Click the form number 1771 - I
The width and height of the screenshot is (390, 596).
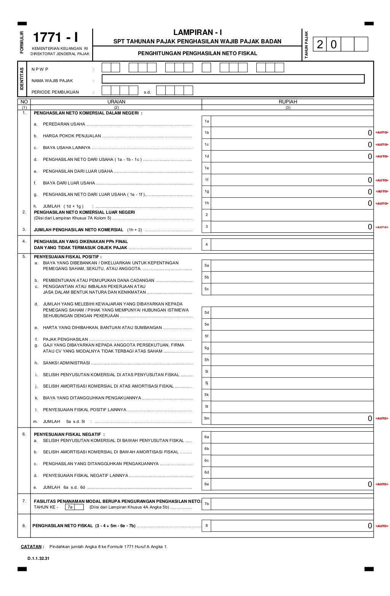[x=56, y=38]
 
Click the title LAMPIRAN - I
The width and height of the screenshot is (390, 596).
[x=197, y=33]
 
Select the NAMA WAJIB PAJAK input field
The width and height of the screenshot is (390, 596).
[x=233, y=79]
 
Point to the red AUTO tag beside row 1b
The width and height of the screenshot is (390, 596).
[x=382, y=133]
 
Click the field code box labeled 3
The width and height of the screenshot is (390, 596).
[x=206, y=227]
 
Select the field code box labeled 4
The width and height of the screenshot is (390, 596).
[x=206, y=245]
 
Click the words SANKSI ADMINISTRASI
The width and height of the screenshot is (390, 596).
[x=66, y=363]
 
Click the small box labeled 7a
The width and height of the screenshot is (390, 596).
[x=70, y=507]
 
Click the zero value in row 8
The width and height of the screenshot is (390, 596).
[x=369, y=526]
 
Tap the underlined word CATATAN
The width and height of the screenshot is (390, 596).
[x=31, y=547]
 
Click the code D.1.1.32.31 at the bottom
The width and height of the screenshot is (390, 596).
[x=38, y=559]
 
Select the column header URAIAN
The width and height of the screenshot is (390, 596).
[x=116, y=102]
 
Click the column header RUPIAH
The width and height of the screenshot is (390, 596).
[x=288, y=102]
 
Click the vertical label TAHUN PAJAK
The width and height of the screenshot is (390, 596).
[x=306, y=45]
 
